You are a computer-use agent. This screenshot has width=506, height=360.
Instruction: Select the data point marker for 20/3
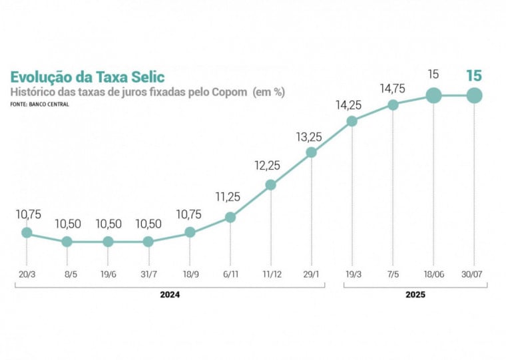27,232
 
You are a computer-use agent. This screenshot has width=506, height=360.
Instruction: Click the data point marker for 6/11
230,217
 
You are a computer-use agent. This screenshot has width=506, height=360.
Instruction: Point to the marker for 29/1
312,152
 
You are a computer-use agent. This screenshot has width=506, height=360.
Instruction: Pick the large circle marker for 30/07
474,96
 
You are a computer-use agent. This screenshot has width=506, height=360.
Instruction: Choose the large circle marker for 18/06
433,96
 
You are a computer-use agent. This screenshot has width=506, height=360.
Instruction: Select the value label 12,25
270,166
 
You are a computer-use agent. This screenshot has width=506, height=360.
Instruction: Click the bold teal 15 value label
474,75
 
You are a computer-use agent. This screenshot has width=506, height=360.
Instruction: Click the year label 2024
170,293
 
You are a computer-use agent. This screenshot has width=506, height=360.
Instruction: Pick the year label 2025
415,293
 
